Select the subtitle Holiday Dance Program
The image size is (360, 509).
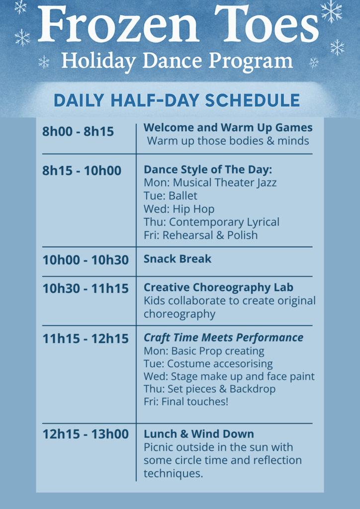pos(177,61)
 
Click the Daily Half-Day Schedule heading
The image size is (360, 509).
pos(177,100)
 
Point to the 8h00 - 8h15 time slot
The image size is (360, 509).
pos(78,131)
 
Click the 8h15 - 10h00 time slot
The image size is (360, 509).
pos(82,171)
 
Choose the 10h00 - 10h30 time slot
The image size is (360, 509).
pos(86,260)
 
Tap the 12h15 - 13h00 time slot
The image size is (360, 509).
pos(86,434)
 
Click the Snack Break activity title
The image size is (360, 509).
pos(178,258)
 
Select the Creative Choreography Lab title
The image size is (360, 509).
pos(218,287)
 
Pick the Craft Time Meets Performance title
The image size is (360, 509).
pos(223,338)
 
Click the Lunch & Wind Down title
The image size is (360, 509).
pos(199,434)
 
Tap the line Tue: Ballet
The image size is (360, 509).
pos(171,196)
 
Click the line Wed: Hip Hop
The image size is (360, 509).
pos(179,209)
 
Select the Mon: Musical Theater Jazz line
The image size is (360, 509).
pos(210,183)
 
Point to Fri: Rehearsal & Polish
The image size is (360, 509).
pos(200,235)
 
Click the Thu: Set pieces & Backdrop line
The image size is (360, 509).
pos(210,389)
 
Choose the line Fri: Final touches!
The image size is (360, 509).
pos(186,402)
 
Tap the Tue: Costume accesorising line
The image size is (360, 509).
pos(208,363)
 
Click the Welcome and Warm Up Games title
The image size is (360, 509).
pos(228,128)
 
